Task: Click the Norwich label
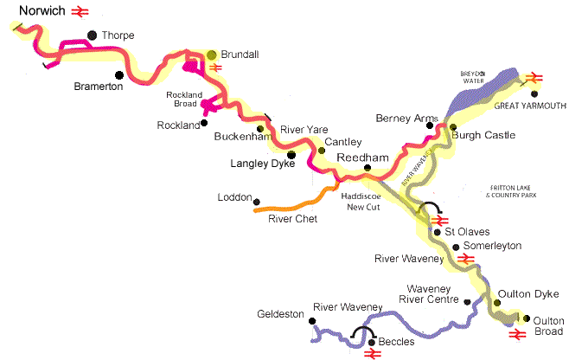click(32, 11)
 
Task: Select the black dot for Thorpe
click(91, 36)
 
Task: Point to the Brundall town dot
click(212, 55)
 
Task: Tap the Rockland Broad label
click(186, 99)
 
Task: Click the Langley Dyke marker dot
click(291, 156)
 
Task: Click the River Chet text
click(292, 220)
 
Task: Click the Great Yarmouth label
click(530, 106)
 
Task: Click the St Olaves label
click(467, 232)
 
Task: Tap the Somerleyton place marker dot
click(456, 247)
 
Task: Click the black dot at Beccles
click(373, 343)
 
